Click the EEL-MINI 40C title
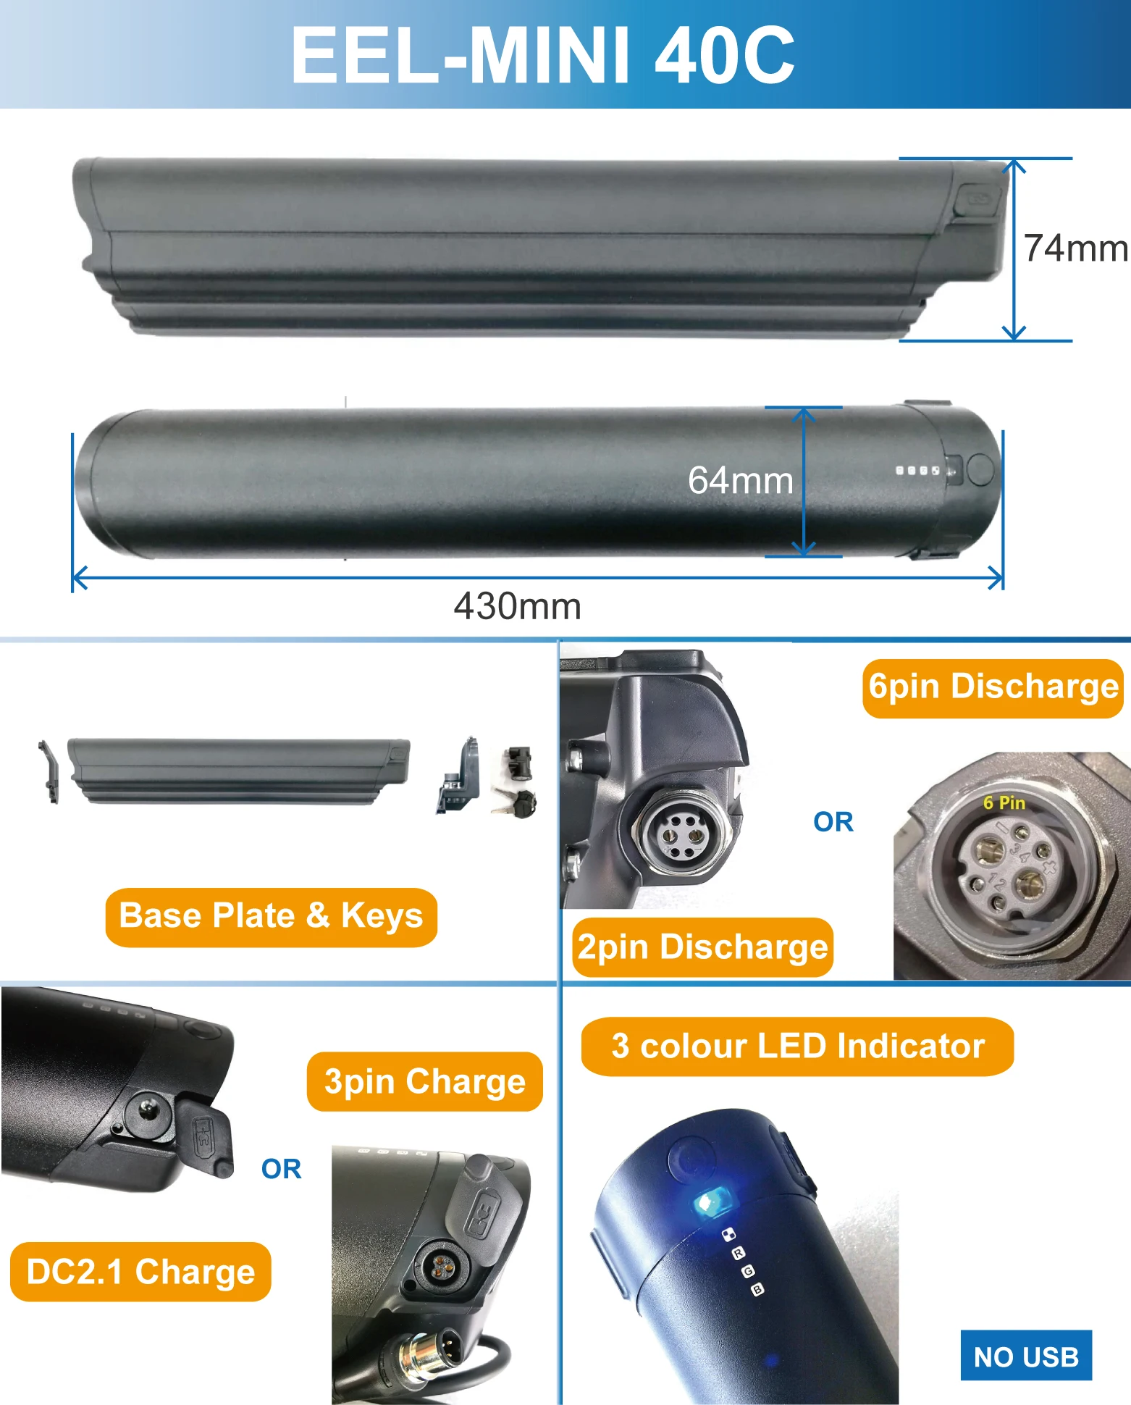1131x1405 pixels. (x=542, y=54)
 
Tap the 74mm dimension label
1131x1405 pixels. (x=1075, y=248)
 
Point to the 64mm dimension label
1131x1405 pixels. (x=740, y=480)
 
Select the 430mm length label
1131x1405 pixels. (x=517, y=606)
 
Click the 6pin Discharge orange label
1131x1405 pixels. (x=993, y=687)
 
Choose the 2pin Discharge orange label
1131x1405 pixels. (x=702, y=947)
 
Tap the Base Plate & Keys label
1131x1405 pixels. (x=271, y=916)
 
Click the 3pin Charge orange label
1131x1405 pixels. (x=425, y=1081)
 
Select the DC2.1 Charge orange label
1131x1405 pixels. (x=140, y=1272)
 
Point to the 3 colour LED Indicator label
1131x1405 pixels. (x=797, y=1047)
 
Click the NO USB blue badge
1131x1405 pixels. (x=1026, y=1356)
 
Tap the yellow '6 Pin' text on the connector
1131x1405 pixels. (x=1004, y=802)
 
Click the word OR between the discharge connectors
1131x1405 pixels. (x=833, y=822)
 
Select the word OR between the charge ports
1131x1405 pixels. (x=281, y=1169)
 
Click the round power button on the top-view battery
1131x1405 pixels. (x=980, y=469)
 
